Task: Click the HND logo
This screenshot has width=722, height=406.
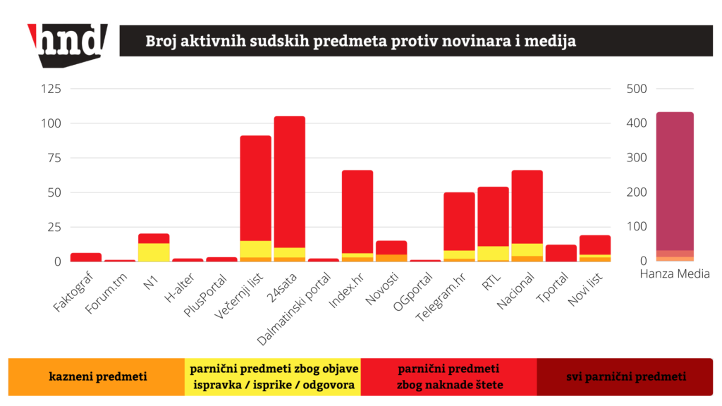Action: pyautogui.click(x=68, y=44)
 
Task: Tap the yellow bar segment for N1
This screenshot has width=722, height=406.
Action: pyautogui.click(x=154, y=252)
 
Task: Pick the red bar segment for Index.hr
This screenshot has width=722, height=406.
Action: pyautogui.click(x=357, y=211)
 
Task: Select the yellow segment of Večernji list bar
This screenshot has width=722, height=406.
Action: pyautogui.click(x=255, y=249)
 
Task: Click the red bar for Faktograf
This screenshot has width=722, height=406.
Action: pyautogui.click(x=86, y=257)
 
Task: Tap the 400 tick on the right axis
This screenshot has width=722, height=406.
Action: pyautogui.click(x=637, y=123)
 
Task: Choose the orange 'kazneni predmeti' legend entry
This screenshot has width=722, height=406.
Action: pyautogui.click(x=97, y=376)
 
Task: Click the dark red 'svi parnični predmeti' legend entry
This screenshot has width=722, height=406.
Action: pyautogui.click(x=625, y=376)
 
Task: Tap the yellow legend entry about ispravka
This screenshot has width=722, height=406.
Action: pyautogui.click(x=272, y=376)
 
